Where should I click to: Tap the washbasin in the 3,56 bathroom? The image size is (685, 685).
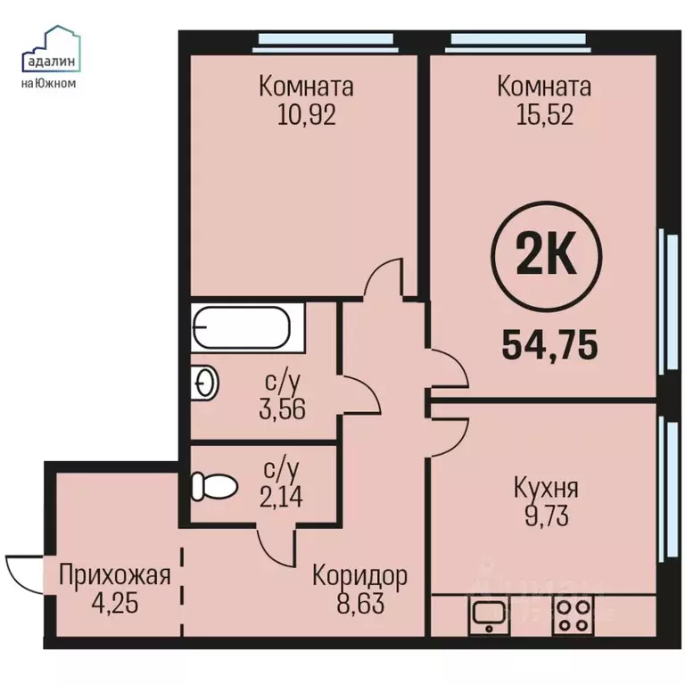[204, 383]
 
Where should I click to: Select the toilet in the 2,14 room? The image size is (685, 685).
[213, 486]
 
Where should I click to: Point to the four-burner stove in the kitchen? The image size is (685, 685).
[572, 615]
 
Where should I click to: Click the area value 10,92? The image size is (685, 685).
[305, 116]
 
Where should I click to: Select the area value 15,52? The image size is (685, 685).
[544, 116]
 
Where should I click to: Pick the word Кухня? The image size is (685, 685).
[546, 488]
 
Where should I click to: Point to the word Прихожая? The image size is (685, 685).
[113, 575]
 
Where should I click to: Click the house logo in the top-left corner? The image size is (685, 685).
[51, 49]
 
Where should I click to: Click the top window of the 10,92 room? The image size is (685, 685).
[326, 38]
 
